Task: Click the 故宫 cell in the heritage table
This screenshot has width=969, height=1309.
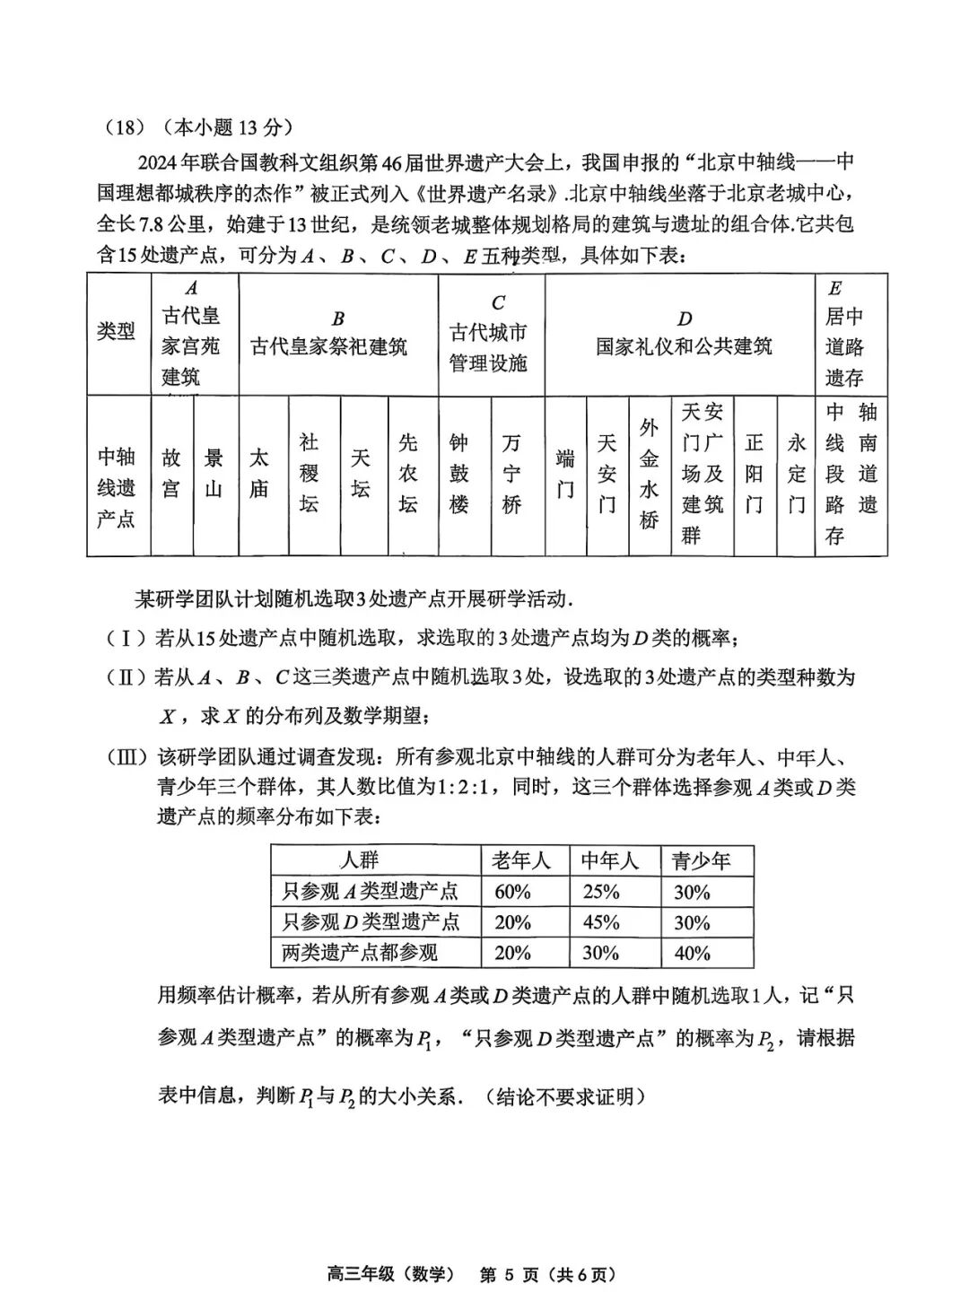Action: point(171,474)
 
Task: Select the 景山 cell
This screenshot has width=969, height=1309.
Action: point(214,474)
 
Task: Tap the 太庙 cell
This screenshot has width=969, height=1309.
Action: point(258,474)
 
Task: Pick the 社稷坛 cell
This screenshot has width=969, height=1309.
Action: point(309,474)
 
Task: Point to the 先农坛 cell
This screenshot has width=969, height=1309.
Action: point(408,474)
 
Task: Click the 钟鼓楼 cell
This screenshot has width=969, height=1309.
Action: point(459,474)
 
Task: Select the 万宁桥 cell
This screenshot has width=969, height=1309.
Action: point(511,474)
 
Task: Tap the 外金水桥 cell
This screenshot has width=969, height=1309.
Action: point(650,474)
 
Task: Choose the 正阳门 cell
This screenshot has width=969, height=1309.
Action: point(755,474)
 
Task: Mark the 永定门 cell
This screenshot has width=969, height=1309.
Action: point(797,474)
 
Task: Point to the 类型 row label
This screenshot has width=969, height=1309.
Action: point(117,332)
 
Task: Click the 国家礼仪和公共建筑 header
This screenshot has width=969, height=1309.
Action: point(685,334)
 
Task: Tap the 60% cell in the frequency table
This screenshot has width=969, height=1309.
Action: point(512,892)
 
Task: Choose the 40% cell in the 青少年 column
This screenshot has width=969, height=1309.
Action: point(692,953)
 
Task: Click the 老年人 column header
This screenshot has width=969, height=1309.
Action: point(520,861)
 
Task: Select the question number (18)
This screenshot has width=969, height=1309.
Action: point(126,127)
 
